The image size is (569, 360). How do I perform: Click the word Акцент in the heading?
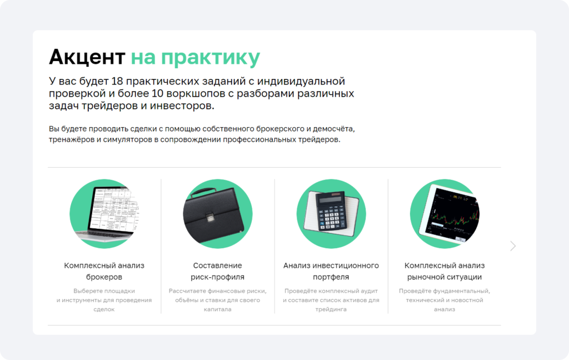click(x=87, y=57)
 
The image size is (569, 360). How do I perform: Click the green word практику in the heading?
click(x=211, y=58)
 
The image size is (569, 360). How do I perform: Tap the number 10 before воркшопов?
click(x=157, y=93)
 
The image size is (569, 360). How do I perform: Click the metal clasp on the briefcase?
click(x=210, y=217)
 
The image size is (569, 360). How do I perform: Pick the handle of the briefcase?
click(x=204, y=192)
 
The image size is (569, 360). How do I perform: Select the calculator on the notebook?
click(x=331, y=211)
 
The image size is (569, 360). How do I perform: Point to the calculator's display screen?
click(x=330, y=199)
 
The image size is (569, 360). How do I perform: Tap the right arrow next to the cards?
click(x=513, y=246)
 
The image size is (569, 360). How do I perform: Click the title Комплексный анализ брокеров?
click(x=104, y=271)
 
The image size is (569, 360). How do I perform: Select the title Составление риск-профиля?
click(x=217, y=271)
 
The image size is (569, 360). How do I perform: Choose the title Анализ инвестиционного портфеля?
click(x=331, y=271)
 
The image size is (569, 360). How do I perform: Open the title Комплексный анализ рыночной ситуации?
click(x=445, y=271)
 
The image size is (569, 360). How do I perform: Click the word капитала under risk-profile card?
click(x=217, y=309)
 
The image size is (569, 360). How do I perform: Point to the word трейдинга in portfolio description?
click(x=331, y=309)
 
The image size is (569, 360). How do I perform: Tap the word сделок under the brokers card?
click(x=104, y=309)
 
